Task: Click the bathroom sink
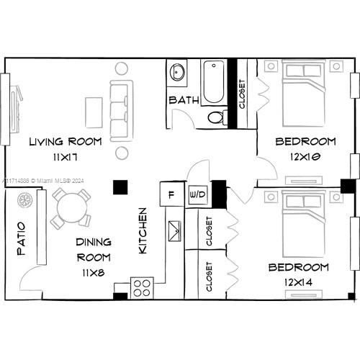(x=177, y=71)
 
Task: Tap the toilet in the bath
(x=217, y=117)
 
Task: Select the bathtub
(x=214, y=82)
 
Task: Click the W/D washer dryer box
(x=198, y=194)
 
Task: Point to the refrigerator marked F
(x=172, y=194)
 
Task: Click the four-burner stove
(x=142, y=287)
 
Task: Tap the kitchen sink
(x=174, y=231)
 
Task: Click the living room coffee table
(x=94, y=112)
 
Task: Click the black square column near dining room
(x=120, y=187)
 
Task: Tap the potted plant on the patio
(x=25, y=200)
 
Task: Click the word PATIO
(x=21, y=238)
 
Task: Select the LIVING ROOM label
(x=66, y=142)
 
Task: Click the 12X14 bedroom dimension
(x=299, y=282)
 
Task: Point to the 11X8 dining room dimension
(x=94, y=273)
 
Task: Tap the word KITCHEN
(x=143, y=230)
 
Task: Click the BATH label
(x=184, y=100)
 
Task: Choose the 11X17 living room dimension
(x=65, y=158)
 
